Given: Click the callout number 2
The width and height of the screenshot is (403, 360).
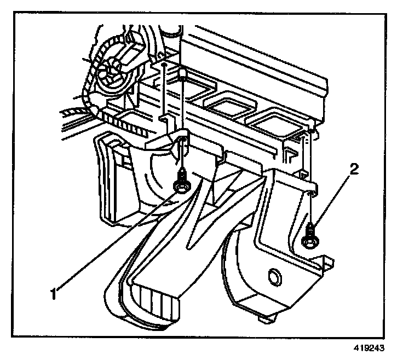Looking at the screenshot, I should [354, 170].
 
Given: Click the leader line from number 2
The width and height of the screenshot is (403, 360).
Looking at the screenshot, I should [335, 202].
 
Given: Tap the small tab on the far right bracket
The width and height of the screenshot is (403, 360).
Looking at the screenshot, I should [329, 262].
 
